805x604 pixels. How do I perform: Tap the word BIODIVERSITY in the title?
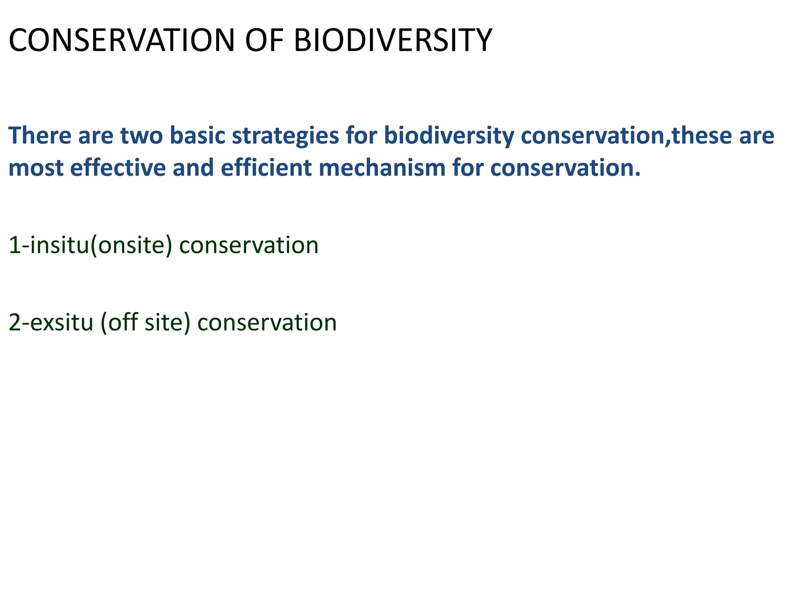[x=393, y=40]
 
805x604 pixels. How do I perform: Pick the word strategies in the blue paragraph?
[x=285, y=136]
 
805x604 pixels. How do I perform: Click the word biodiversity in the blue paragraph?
[x=448, y=136]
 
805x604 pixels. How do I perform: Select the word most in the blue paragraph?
[x=36, y=168]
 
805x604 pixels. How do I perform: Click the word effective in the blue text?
[x=118, y=168]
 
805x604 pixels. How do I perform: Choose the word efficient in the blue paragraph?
[x=266, y=168]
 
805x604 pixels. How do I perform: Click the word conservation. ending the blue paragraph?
[x=566, y=168]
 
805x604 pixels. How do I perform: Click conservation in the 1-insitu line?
[x=249, y=246]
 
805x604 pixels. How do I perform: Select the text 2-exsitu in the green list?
[x=51, y=323]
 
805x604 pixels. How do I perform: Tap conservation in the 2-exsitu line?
[x=267, y=323]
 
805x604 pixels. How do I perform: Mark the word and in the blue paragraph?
[x=193, y=168]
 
